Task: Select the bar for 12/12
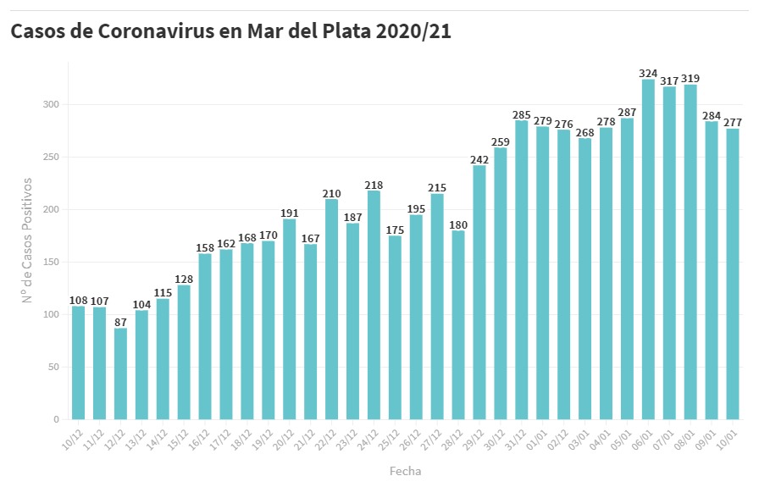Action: pyautogui.click(x=120, y=374)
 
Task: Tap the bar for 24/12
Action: pyautogui.click(x=374, y=305)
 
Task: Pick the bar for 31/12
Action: pyautogui.click(x=522, y=270)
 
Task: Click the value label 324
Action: pyautogui.click(x=648, y=73)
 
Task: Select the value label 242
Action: pyautogui.click(x=479, y=158)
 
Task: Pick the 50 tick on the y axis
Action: pyautogui.click(x=54, y=368)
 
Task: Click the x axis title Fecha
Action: pyautogui.click(x=405, y=471)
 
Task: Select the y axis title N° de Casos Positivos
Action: pyautogui.click(x=27, y=241)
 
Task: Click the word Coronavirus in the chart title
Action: pyautogui.click(x=167, y=32)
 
